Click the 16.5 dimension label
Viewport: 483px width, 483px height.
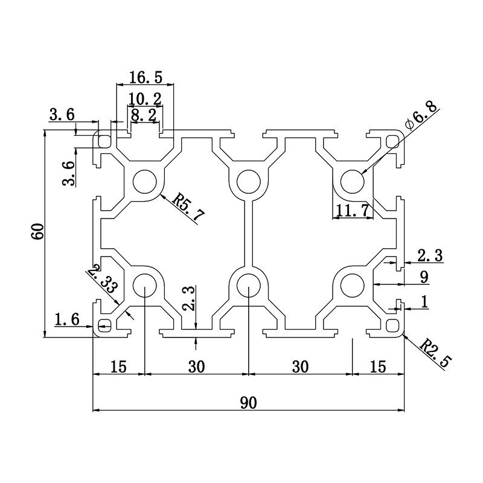[x=146, y=77]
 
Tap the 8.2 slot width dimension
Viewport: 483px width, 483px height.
[x=144, y=115]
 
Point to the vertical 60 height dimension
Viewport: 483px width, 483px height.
[x=37, y=232]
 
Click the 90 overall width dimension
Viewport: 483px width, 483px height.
[x=248, y=403]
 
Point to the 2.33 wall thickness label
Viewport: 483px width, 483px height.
[x=101, y=280]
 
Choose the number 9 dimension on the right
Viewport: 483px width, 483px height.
[x=424, y=277]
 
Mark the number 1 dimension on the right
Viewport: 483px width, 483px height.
[x=423, y=301]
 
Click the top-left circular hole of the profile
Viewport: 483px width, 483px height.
[x=145, y=181]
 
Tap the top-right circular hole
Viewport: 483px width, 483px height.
[x=352, y=181]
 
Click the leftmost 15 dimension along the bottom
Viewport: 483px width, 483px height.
[x=118, y=366]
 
